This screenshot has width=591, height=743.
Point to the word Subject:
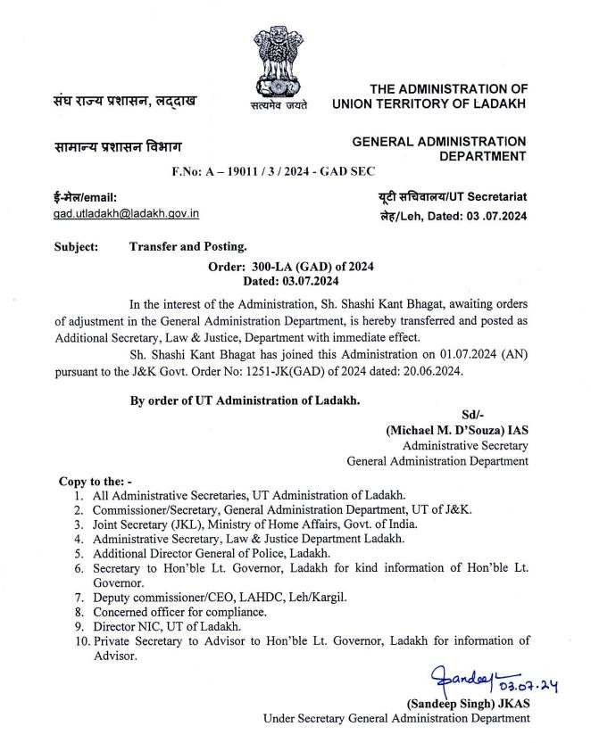76,246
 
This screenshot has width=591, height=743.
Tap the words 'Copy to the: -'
95,481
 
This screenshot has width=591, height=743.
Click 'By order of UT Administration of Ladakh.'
245,400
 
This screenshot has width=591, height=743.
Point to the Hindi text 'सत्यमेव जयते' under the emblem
279,105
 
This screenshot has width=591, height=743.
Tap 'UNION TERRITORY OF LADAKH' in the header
429,104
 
